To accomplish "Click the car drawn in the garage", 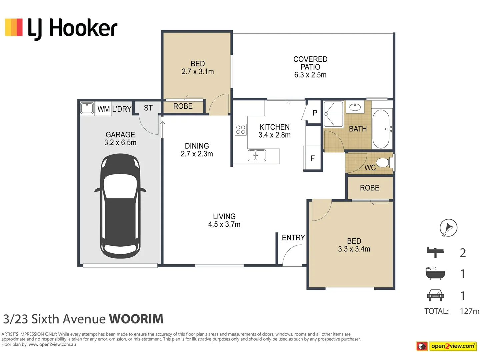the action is [120, 206].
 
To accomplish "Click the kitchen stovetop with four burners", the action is [241, 129].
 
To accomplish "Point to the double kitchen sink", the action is [257, 155].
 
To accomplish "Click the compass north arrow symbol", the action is [448, 228].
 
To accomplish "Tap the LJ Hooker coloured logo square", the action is [14, 27].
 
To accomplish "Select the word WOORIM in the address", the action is [136, 319].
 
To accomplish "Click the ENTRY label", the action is [293, 238].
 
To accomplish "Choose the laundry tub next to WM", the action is [87, 108].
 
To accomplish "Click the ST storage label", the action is [148, 108].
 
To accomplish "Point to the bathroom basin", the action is [355, 107].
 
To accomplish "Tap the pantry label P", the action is [315, 113].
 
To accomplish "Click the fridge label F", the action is [313, 158].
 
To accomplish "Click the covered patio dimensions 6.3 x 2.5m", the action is [310, 75].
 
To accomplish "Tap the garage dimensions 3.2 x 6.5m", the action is [120, 143].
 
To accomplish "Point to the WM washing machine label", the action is [103, 109].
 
